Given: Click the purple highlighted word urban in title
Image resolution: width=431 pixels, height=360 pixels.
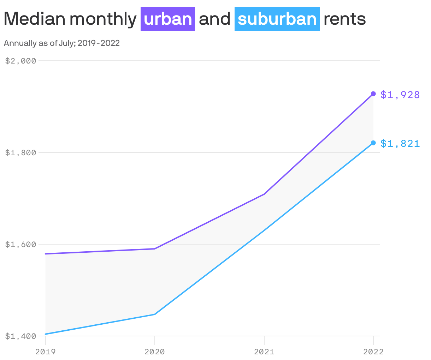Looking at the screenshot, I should click(x=168, y=19).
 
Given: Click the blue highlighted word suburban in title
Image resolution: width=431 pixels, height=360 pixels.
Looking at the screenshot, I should click(x=277, y=19).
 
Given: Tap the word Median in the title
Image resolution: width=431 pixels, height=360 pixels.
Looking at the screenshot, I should click(x=35, y=19).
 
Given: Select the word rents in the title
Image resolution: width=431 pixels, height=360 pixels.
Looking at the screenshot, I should click(x=344, y=19).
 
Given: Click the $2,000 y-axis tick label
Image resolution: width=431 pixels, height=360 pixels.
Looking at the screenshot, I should click(x=21, y=61).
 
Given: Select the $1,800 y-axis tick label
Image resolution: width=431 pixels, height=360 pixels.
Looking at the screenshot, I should click(x=21, y=152).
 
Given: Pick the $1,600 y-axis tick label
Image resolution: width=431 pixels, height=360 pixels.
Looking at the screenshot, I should click(x=21, y=244).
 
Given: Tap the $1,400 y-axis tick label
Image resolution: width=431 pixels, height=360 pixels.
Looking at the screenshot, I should click(x=21, y=336).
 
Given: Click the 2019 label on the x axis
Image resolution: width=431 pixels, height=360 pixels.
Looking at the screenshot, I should click(x=46, y=352).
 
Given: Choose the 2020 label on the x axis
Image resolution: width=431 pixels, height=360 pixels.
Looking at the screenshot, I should click(x=155, y=352).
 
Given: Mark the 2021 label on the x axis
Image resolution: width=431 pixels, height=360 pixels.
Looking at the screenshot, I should click(x=264, y=352).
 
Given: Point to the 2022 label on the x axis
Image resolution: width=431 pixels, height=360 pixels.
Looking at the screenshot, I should click(x=373, y=352).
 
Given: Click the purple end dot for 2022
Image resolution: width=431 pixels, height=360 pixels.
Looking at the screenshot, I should click(x=373, y=94).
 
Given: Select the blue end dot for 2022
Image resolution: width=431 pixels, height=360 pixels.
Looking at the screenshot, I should click(x=373, y=143).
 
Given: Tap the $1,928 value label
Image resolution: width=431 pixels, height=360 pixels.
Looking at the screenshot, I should click(x=400, y=95).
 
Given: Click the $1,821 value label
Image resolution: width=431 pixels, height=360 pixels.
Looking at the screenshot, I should click(x=400, y=143).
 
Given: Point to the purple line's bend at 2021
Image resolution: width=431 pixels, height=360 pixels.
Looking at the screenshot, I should click(x=264, y=194).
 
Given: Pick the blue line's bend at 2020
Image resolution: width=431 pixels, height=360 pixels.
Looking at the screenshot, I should click(x=155, y=314).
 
